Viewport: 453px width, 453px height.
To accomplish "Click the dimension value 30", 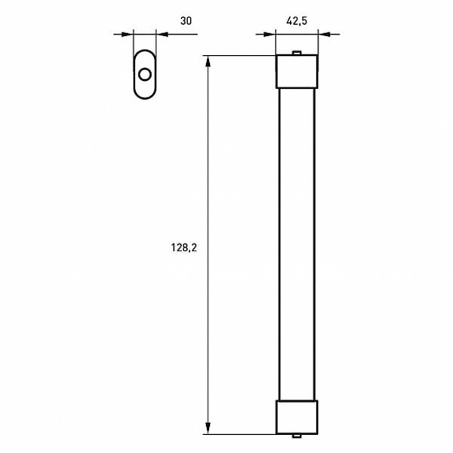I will point(185,21).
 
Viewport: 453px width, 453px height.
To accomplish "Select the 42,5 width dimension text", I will point(297,21).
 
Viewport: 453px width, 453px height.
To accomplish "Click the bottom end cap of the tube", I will point(297,417).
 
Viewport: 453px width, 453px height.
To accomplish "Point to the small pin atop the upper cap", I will point(297,53).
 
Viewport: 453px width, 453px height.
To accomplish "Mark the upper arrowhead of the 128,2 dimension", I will point(208,61).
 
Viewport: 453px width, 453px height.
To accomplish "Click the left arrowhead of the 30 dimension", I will point(128,34).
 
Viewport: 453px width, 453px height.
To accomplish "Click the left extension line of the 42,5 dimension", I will point(276,44).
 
